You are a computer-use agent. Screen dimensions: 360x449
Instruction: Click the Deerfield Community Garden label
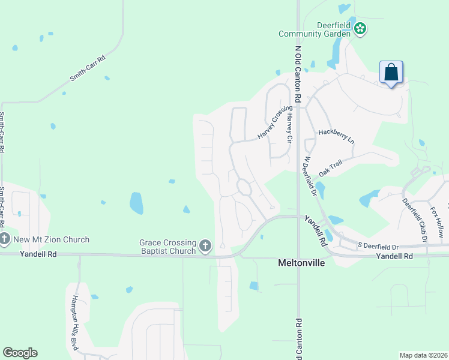(x=315, y=29)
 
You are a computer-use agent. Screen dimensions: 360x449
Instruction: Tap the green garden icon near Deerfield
(x=360, y=28)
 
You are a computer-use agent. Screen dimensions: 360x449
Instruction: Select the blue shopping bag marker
(x=391, y=73)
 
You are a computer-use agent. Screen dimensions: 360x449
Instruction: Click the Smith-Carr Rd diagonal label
(x=87, y=69)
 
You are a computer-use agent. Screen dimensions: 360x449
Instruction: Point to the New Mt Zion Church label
(x=51, y=240)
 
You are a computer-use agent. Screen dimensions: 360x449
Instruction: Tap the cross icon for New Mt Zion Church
(x=4, y=239)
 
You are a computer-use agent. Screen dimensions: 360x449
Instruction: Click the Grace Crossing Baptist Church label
(x=168, y=247)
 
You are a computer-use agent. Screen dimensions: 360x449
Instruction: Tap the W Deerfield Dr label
(x=310, y=177)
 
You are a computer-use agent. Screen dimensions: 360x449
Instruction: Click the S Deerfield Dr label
(x=378, y=247)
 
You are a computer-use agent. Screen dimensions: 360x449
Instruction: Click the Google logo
(x=20, y=353)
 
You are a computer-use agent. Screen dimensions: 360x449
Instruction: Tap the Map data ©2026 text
(x=423, y=355)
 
